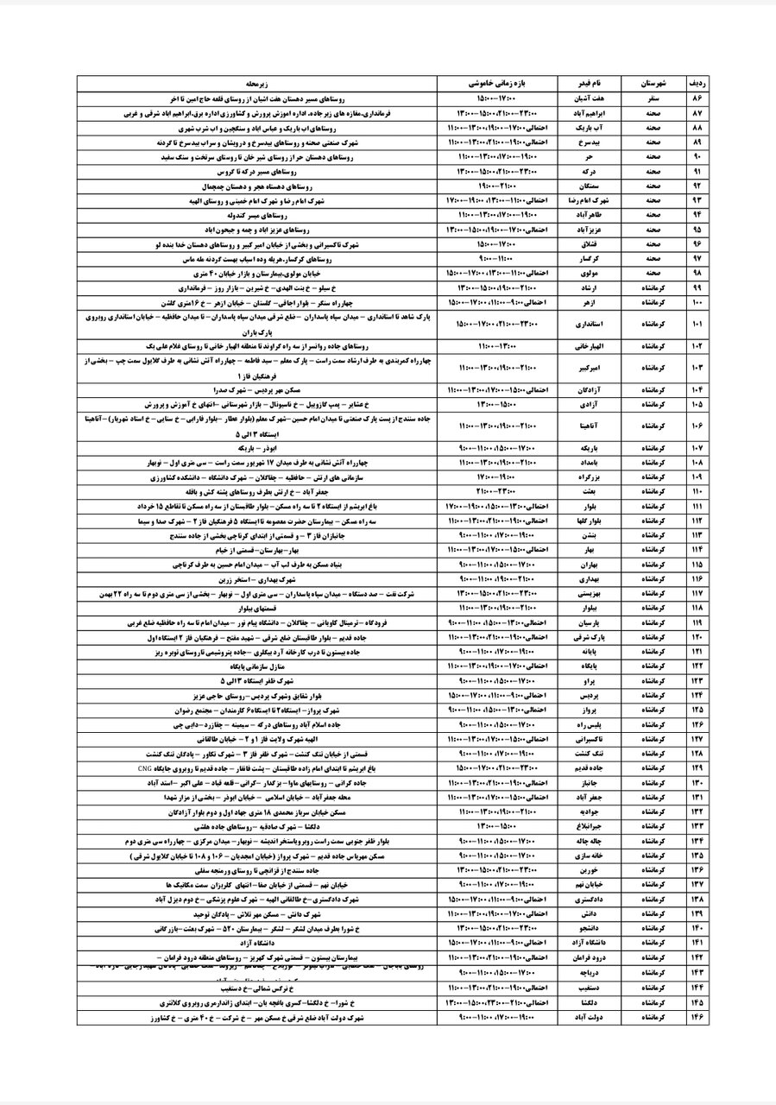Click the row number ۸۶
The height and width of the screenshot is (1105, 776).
click(697, 99)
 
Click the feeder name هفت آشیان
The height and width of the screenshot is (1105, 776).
click(589, 99)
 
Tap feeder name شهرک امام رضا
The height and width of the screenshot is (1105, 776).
click(589, 199)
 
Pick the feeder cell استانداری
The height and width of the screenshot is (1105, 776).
click(589, 324)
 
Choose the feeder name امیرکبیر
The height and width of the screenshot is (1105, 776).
click(589, 367)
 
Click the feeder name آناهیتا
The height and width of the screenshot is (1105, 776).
click(589, 425)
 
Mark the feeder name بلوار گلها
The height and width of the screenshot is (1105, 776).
click(589, 520)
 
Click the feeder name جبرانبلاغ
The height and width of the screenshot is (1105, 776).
click(589, 824)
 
